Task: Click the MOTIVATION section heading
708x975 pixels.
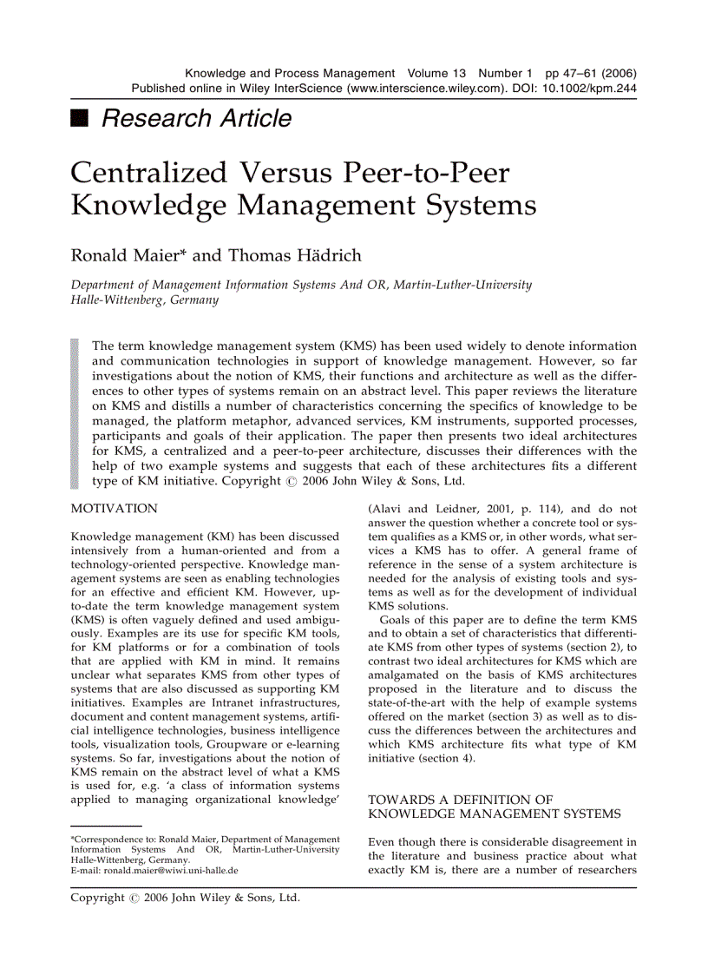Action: click(114, 509)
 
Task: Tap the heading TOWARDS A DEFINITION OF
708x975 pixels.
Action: click(461, 799)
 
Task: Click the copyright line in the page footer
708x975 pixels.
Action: click(185, 898)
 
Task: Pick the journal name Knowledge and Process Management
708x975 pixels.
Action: click(290, 74)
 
